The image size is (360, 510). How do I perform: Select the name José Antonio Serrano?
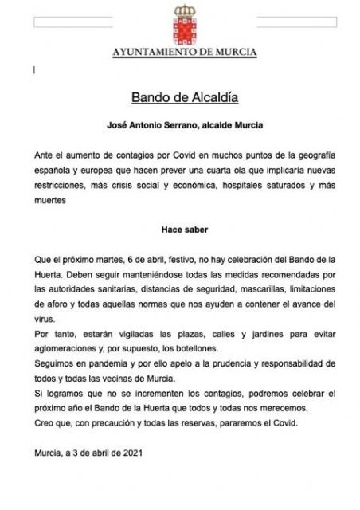[149, 126]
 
